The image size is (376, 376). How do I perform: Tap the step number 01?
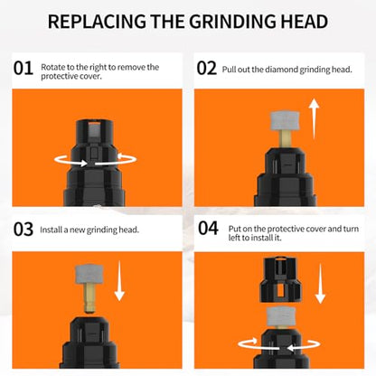click(23, 69)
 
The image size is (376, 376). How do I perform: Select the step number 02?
click(207, 69)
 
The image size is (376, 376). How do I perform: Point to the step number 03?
click(23, 230)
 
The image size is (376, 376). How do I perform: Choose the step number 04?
click(208, 228)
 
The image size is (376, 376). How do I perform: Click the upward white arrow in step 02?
click(315, 118)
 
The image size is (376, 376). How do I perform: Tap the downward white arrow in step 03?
click(119, 281)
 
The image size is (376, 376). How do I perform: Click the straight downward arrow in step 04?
click(320, 284)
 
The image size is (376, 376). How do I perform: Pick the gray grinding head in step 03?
click(89, 274)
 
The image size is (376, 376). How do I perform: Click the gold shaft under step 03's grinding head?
click(89, 297)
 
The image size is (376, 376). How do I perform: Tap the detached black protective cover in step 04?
click(280, 279)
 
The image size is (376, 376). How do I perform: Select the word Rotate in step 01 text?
click(51, 67)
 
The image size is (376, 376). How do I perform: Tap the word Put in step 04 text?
click(234, 229)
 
